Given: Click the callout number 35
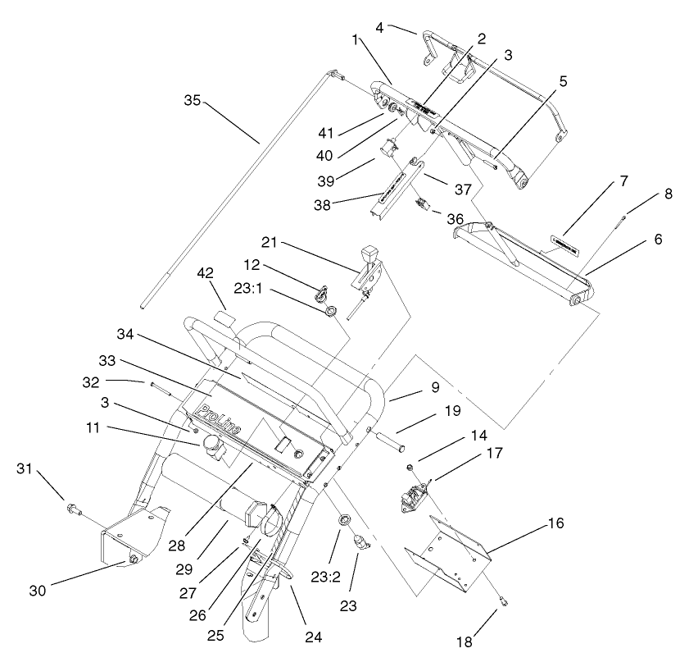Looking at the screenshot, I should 191,100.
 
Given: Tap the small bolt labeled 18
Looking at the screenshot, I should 505,605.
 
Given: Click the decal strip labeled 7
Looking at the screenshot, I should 562,243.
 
